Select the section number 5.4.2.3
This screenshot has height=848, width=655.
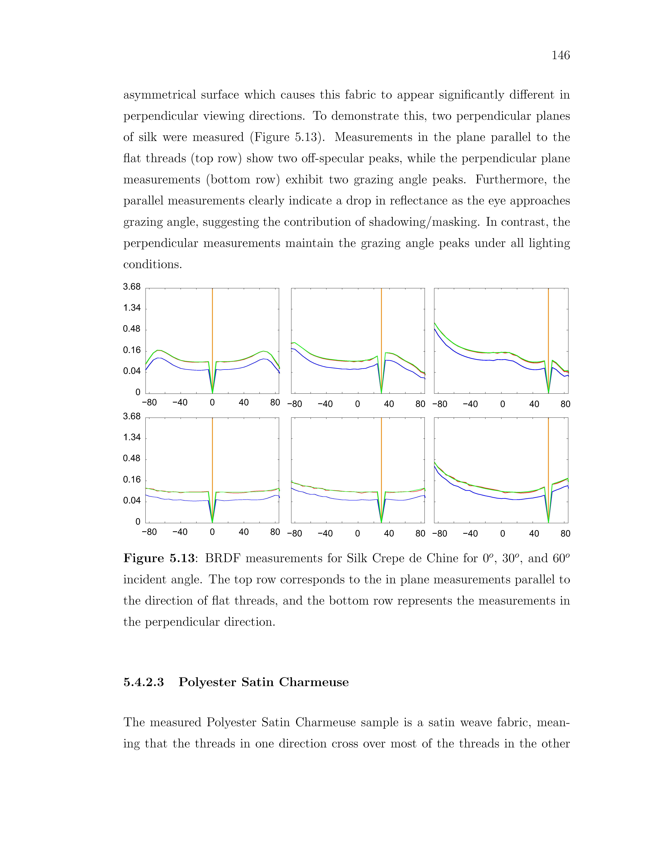(x=144, y=682)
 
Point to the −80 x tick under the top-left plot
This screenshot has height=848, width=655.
(x=149, y=403)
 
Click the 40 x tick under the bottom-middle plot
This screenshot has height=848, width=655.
(x=389, y=533)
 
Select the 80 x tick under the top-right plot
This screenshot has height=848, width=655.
(x=565, y=404)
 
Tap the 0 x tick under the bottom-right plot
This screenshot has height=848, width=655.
(x=503, y=533)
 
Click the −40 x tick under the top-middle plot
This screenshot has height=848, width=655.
(x=325, y=404)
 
